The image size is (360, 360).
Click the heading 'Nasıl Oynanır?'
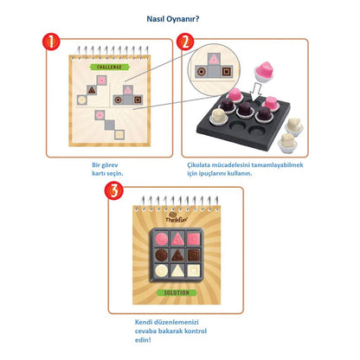click(x=180, y=15)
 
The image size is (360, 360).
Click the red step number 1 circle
click(x=51, y=42)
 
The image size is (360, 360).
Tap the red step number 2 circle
click(x=183, y=42)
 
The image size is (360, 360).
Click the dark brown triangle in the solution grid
click(x=180, y=255)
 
